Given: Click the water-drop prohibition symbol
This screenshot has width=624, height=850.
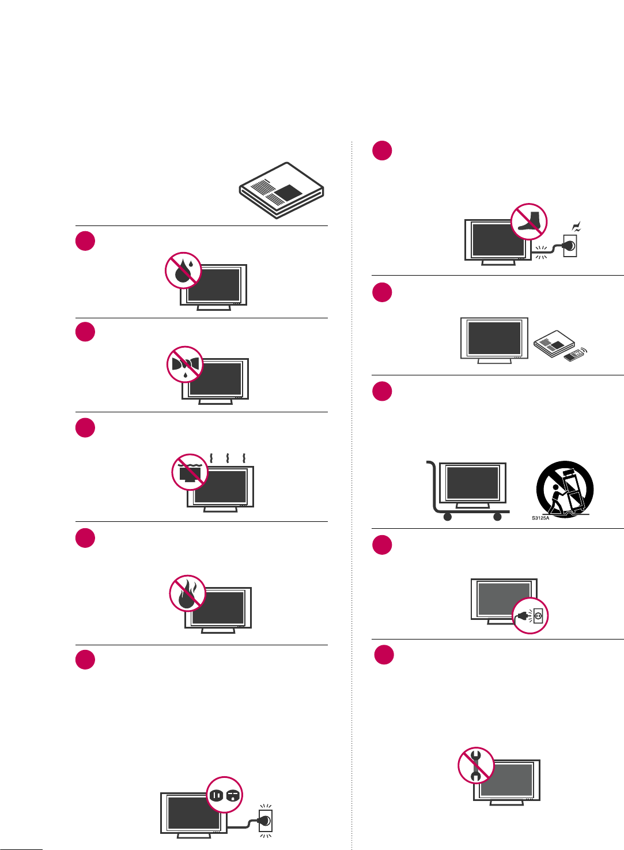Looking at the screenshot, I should point(183,270).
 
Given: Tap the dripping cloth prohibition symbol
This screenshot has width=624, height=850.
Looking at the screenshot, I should point(185,364).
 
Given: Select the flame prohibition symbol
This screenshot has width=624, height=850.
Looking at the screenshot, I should point(187,593).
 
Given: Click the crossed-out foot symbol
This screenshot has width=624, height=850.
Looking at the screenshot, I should point(529,221).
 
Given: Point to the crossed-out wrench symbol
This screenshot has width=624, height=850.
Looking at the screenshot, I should point(476,765).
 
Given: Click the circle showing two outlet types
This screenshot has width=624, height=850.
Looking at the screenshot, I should point(225,795).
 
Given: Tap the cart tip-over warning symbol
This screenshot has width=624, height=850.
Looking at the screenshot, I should point(565,489).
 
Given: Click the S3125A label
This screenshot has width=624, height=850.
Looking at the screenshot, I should point(540,518).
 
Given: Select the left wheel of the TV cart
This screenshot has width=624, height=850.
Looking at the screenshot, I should point(447,517).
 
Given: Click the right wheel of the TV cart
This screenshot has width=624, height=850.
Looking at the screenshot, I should point(498,517).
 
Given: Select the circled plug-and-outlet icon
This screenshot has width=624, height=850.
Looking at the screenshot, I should point(530,616).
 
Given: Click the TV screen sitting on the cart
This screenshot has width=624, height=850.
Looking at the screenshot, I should point(472,483).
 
